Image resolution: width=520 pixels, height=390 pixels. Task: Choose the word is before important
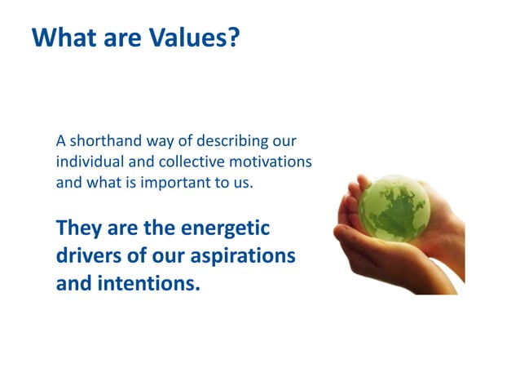click(128, 182)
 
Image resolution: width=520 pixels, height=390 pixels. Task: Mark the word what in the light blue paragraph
click(101, 182)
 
